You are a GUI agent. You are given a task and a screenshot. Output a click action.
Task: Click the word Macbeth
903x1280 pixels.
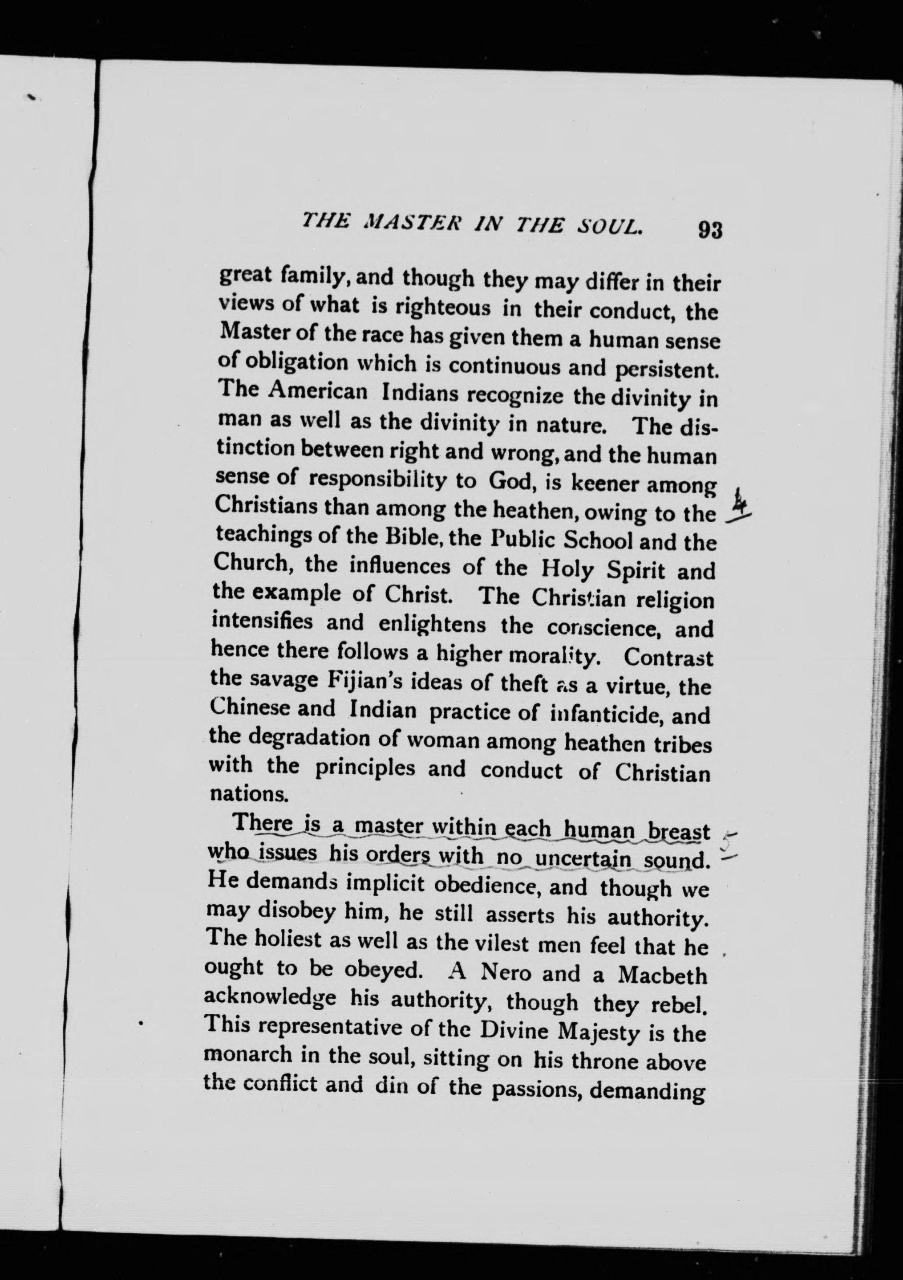(x=662, y=975)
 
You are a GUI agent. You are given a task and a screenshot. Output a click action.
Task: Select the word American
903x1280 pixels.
(x=317, y=391)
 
